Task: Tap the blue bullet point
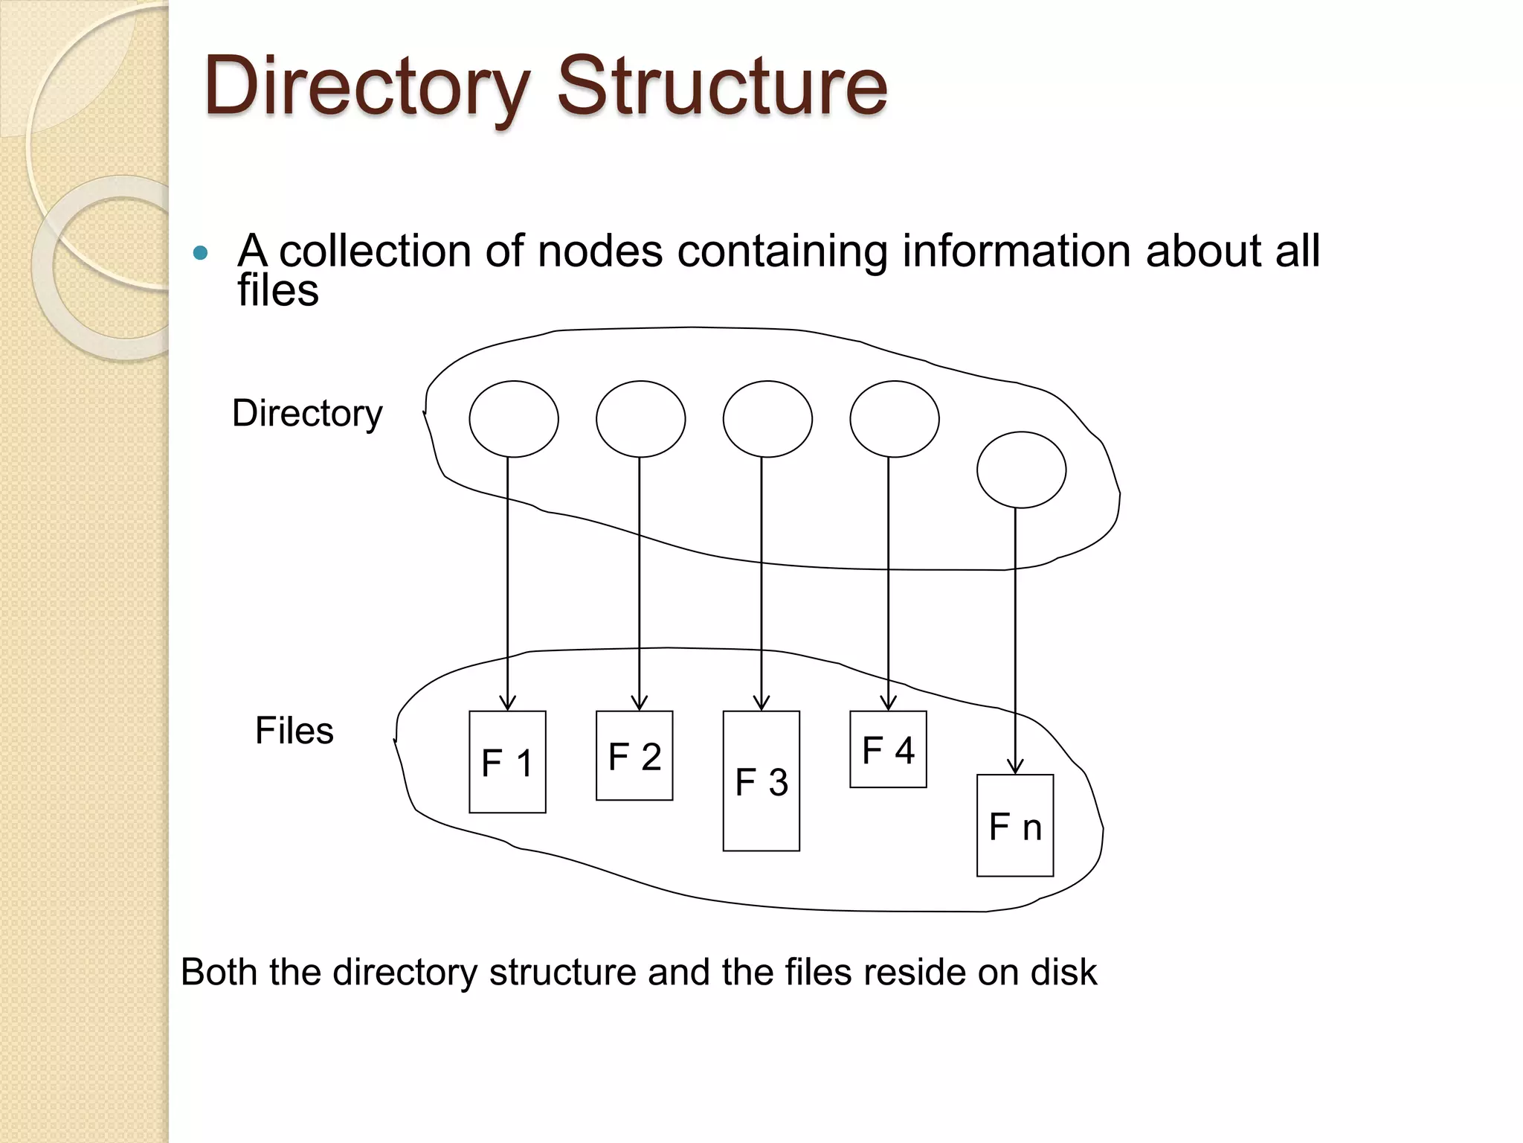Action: click(x=199, y=253)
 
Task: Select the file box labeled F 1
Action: click(x=507, y=762)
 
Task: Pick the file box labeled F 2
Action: click(x=634, y=756)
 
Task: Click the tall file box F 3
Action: click(x=761, y=781)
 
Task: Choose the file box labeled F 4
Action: click(x=888, y=749)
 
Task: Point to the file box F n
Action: click(x=1014, y=826)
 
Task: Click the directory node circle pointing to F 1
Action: click(x=514, y=419)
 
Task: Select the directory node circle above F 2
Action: click(x=640, y=419)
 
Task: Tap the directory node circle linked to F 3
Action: click(x=767, y=419)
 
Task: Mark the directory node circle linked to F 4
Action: click(x=895, y=419)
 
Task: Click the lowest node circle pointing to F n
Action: click(x=1021, y=470)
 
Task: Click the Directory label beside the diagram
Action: click(x=307, y=413)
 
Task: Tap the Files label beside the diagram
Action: click(x=294, y=730)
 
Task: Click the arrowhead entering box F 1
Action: click(x=507, y=702)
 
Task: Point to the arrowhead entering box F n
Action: click(x=1015, y=766)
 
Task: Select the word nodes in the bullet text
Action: click(x=599, y=251)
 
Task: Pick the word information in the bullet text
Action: click(x=1017, y=251)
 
